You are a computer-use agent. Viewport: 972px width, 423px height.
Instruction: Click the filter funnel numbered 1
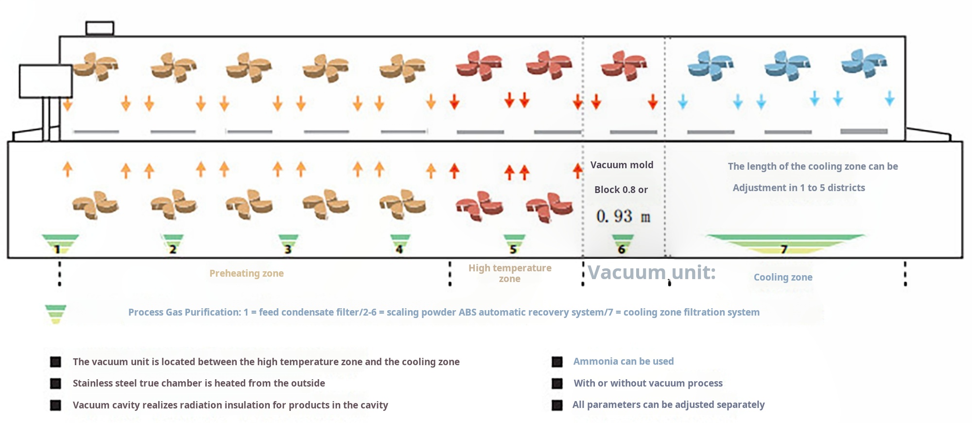[x=60, y=244]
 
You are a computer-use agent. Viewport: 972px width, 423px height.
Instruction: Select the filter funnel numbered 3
[x=288, y=244]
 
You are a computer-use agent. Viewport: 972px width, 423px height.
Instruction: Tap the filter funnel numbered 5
[x=514, y=244]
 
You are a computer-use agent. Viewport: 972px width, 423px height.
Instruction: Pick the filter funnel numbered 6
[x=622, y=244]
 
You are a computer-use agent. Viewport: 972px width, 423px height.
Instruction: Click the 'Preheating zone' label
[x=246, y=273]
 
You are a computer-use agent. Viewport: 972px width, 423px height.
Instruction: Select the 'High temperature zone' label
[x=510, y=273]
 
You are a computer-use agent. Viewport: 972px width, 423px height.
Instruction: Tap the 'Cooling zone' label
[x=783, y=277]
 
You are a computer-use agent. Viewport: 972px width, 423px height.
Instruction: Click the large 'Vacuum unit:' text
[x=652, y=272]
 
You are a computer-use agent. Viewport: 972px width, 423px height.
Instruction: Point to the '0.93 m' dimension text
[x=623, y=216]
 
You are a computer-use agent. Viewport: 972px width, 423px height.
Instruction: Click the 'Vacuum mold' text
[x=622, y=165]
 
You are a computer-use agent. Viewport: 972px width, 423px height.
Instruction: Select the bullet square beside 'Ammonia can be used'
[x=557, y=362]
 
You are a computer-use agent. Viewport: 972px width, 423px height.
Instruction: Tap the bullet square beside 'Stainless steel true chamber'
[x=56, y=384]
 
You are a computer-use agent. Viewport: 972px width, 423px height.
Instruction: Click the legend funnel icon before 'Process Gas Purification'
[x=55, y=314]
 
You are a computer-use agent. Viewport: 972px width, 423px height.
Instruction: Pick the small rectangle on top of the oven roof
[x=100, y=28]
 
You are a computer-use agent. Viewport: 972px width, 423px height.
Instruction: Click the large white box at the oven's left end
[x=46, y=81]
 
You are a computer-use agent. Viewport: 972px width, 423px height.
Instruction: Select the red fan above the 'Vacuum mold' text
[x=624, y=66]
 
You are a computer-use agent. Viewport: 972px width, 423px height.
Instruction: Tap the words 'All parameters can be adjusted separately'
[x=668, y=405]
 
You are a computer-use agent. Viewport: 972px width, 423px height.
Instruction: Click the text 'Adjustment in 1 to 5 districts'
[x=798, y=188]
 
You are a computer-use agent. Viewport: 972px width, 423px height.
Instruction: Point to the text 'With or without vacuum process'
[x=648, y=383]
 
